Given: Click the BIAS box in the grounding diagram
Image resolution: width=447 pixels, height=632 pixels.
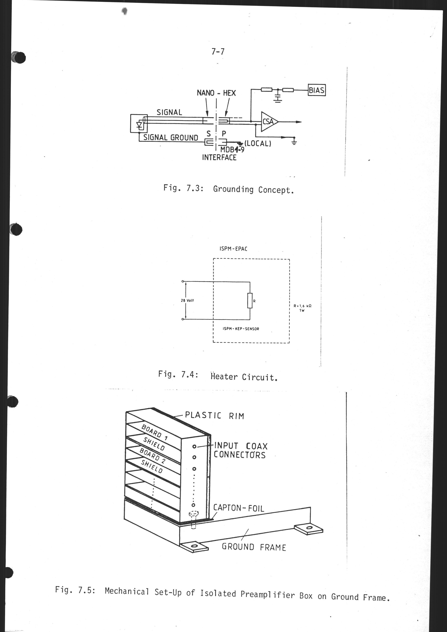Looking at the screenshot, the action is [x=317, y=90].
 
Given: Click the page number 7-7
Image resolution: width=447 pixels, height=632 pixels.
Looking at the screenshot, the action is [x=218, y=52].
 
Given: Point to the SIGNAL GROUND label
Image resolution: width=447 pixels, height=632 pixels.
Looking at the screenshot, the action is [x=171, y=137].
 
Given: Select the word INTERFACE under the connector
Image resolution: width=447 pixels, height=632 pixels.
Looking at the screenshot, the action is [x=219, y=158].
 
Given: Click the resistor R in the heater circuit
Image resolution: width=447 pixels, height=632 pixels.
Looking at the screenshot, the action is [x=250, y=301].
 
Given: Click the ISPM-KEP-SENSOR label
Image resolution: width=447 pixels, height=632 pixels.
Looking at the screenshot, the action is [x=241, y=329].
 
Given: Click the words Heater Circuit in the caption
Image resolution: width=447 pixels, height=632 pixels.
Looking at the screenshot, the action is [x=244, y=377].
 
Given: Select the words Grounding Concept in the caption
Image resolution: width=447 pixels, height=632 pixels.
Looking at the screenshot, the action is [x=253, y=190].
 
